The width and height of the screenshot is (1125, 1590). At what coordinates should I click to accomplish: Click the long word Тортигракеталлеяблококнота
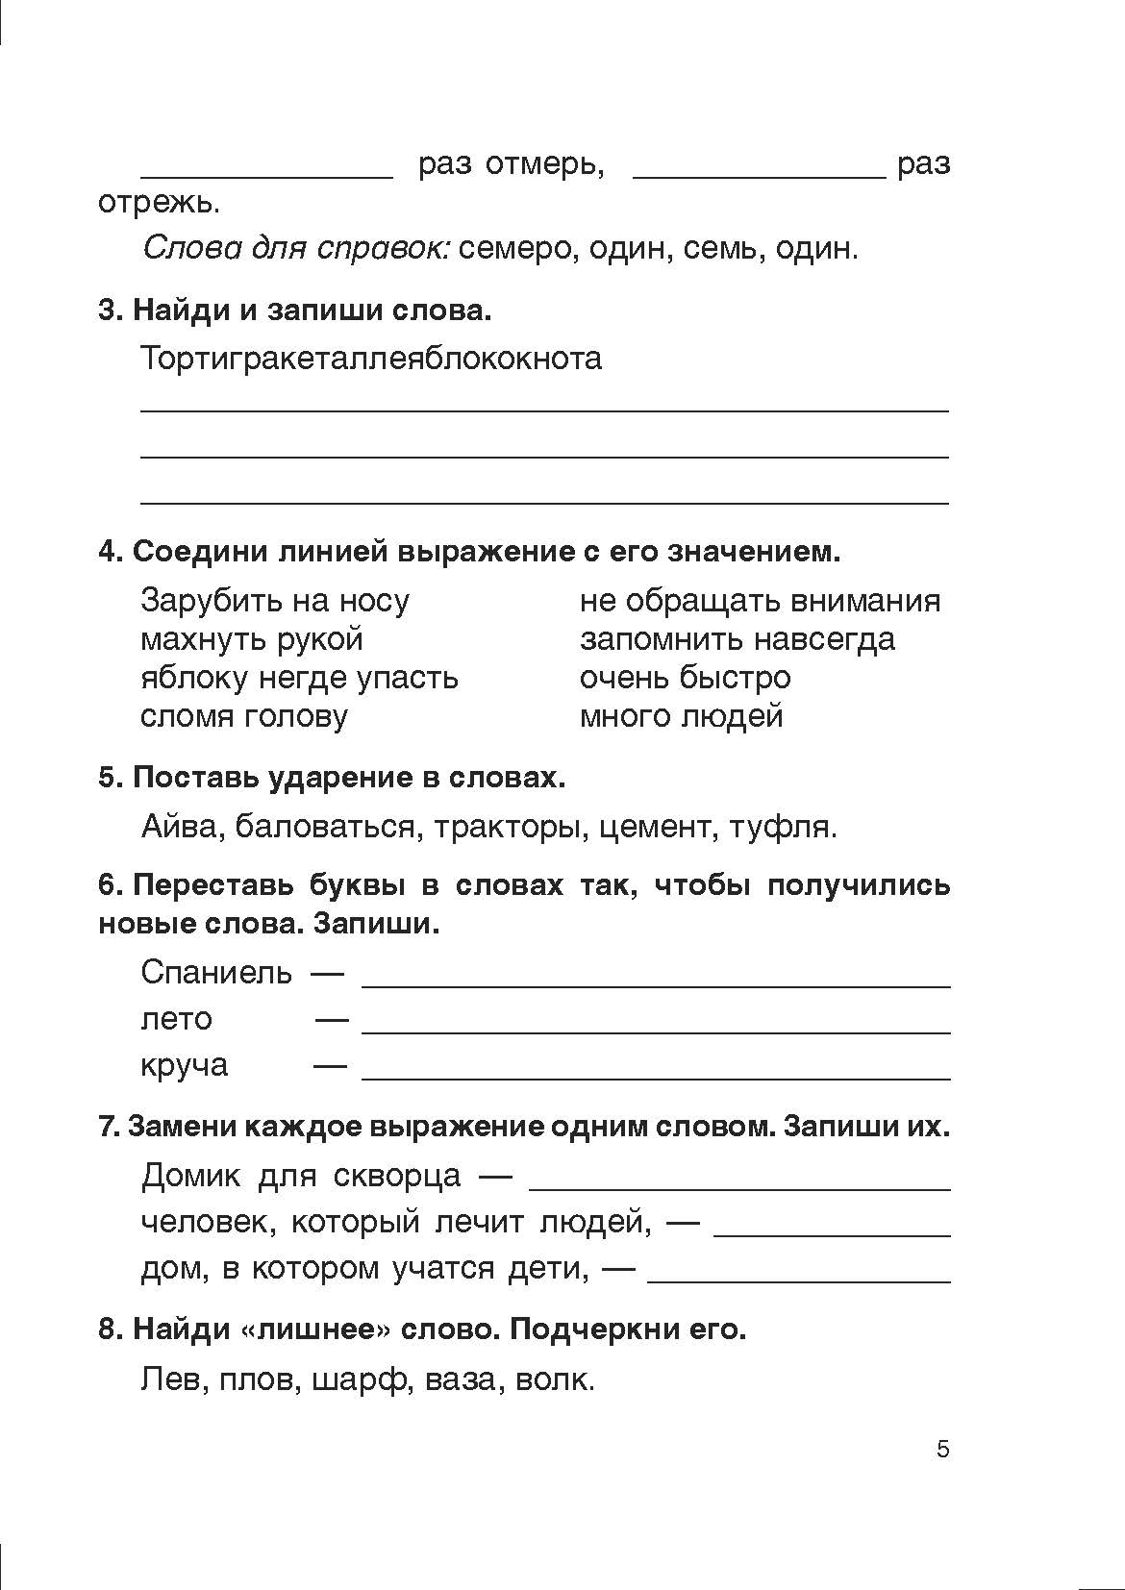[x=371, y=359]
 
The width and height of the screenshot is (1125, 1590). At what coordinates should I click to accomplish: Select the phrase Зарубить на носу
[x=275, y=601]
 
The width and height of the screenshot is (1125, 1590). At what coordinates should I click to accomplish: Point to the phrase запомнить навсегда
[x=737, y=639]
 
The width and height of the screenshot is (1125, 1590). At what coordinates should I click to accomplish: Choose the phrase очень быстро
[x=685, y=678]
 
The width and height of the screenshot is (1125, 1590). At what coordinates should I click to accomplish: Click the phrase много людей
[x=681, y=716]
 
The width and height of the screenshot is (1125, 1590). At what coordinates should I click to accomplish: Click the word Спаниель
[x=216, y=972]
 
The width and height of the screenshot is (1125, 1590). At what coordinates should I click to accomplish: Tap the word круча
[x=185, y=1065]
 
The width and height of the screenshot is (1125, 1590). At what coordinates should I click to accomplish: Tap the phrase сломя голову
[x=244, y=716]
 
